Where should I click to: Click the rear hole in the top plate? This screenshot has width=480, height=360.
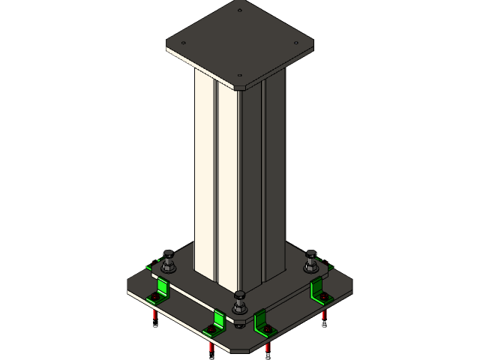(x=240, y=10)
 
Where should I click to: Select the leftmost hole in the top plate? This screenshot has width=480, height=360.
(x=184, y=43)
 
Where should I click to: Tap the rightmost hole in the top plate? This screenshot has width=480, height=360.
(x=297, y=43)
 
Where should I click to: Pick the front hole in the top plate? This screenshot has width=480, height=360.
(x=240, y=75)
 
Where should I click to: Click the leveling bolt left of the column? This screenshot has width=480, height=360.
(x=168, y=262)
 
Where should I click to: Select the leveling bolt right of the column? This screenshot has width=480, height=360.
(x=311, y=262)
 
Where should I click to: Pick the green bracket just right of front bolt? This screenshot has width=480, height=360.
(x=263, y=322)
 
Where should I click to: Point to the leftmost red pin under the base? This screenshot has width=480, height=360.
(x=154, y=314)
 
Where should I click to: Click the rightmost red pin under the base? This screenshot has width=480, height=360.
(x=324, y=314)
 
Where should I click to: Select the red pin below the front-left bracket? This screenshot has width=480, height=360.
(x=211, y=347)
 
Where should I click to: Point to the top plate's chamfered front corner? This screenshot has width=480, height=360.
(x=240, y=88)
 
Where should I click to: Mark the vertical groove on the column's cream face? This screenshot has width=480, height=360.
(x=216, y=180)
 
